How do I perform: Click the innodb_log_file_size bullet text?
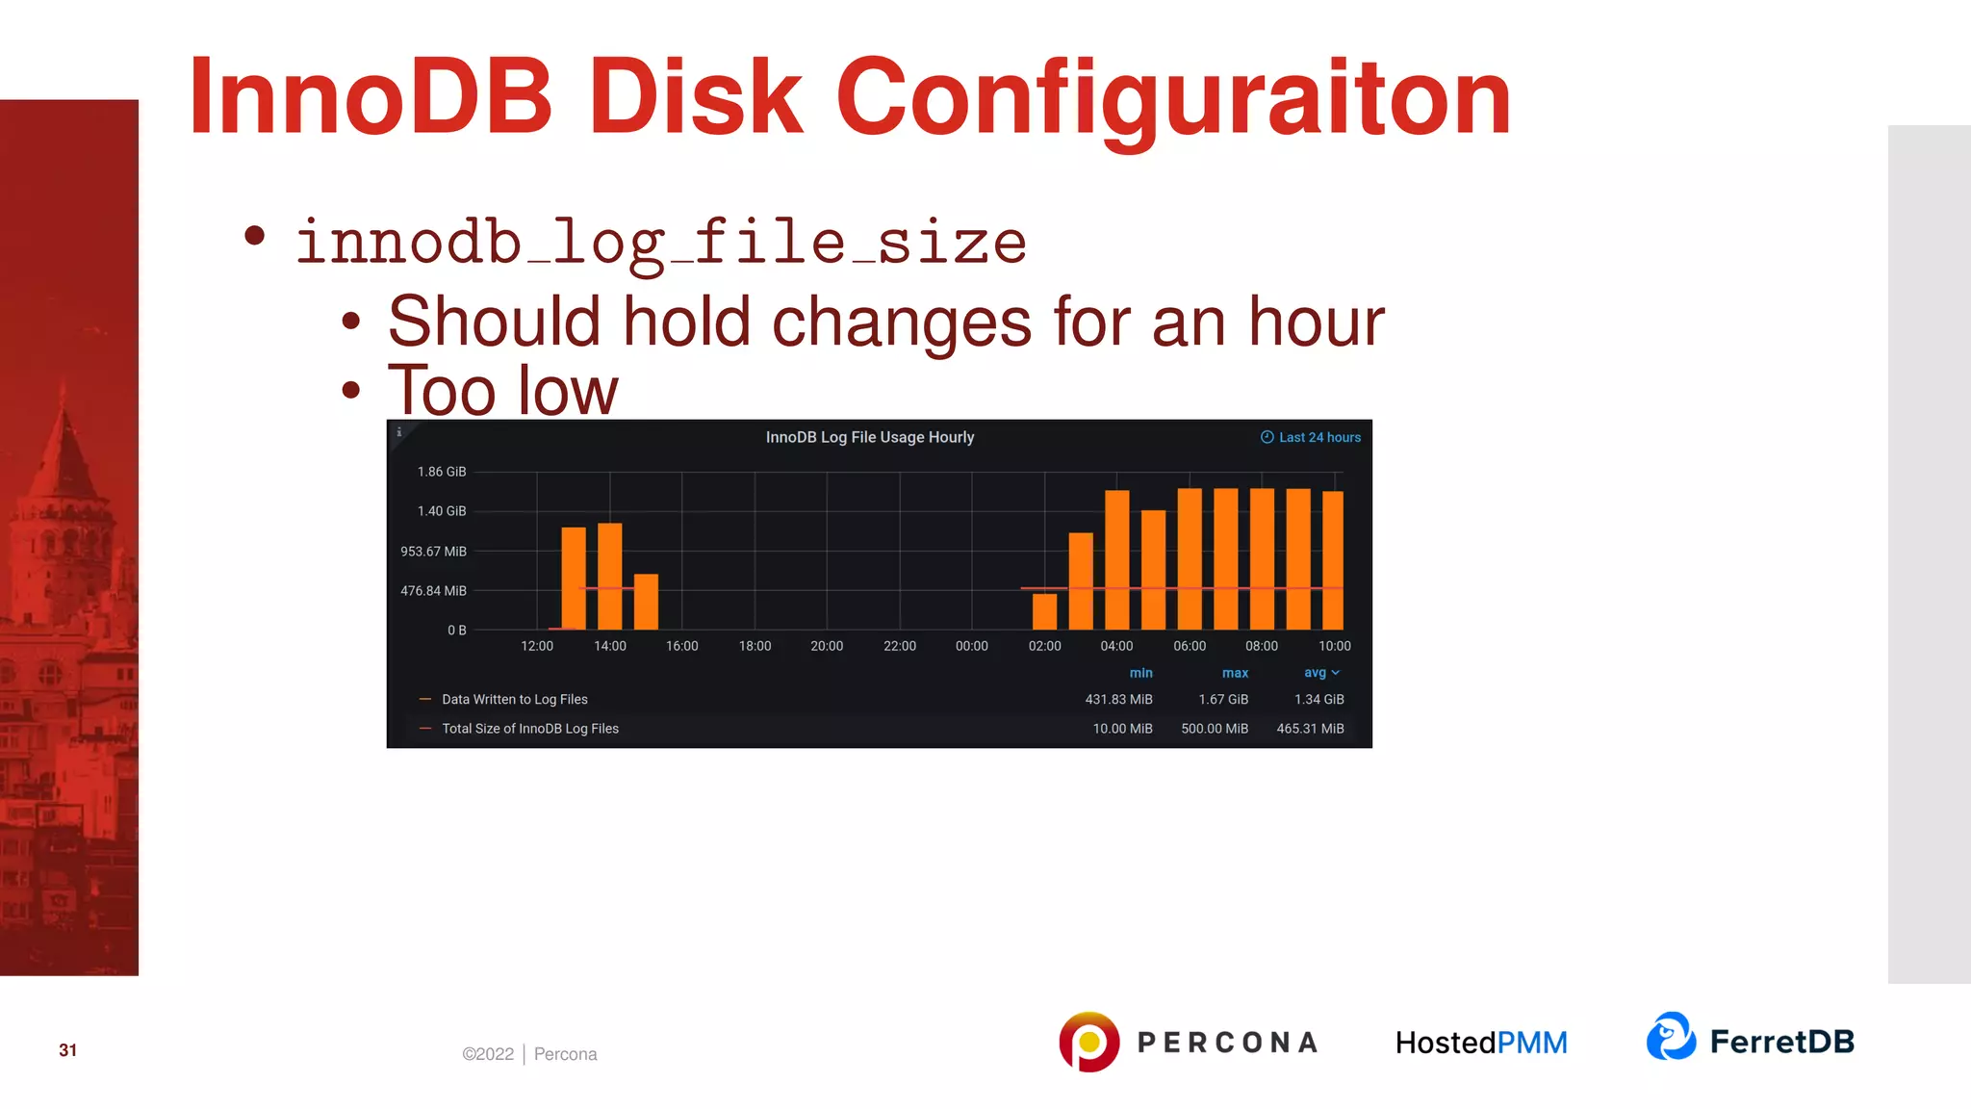[x=660, y=242]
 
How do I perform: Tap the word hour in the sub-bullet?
[x=1316, y=322]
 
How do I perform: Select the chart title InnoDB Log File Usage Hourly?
[x=869, y=437]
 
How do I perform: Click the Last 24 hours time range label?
[x=1311, y=437]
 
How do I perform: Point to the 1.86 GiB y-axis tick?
[x=441, y=472]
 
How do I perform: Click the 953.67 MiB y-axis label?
[x=433, y=552]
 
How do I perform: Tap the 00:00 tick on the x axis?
[x=971, y=646]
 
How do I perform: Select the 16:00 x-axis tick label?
[x=681, y=646]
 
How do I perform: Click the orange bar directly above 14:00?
[x=609, y=576]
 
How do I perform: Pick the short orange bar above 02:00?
[x=1044, y=611]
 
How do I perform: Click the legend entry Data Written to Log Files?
[x=514, y=700]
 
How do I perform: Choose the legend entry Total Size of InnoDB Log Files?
[x=529, y=729]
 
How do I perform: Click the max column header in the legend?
[x=1235, y=673]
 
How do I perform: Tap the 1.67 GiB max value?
[x=1223, y=700]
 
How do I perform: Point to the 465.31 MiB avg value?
[x=1310, y=729]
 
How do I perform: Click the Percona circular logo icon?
[x=1088, y=1042]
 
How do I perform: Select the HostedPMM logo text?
[x=1481, y=1043]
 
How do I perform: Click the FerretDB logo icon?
[x=1671, y=1037]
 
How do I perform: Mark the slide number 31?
[x=67, y=1050]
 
